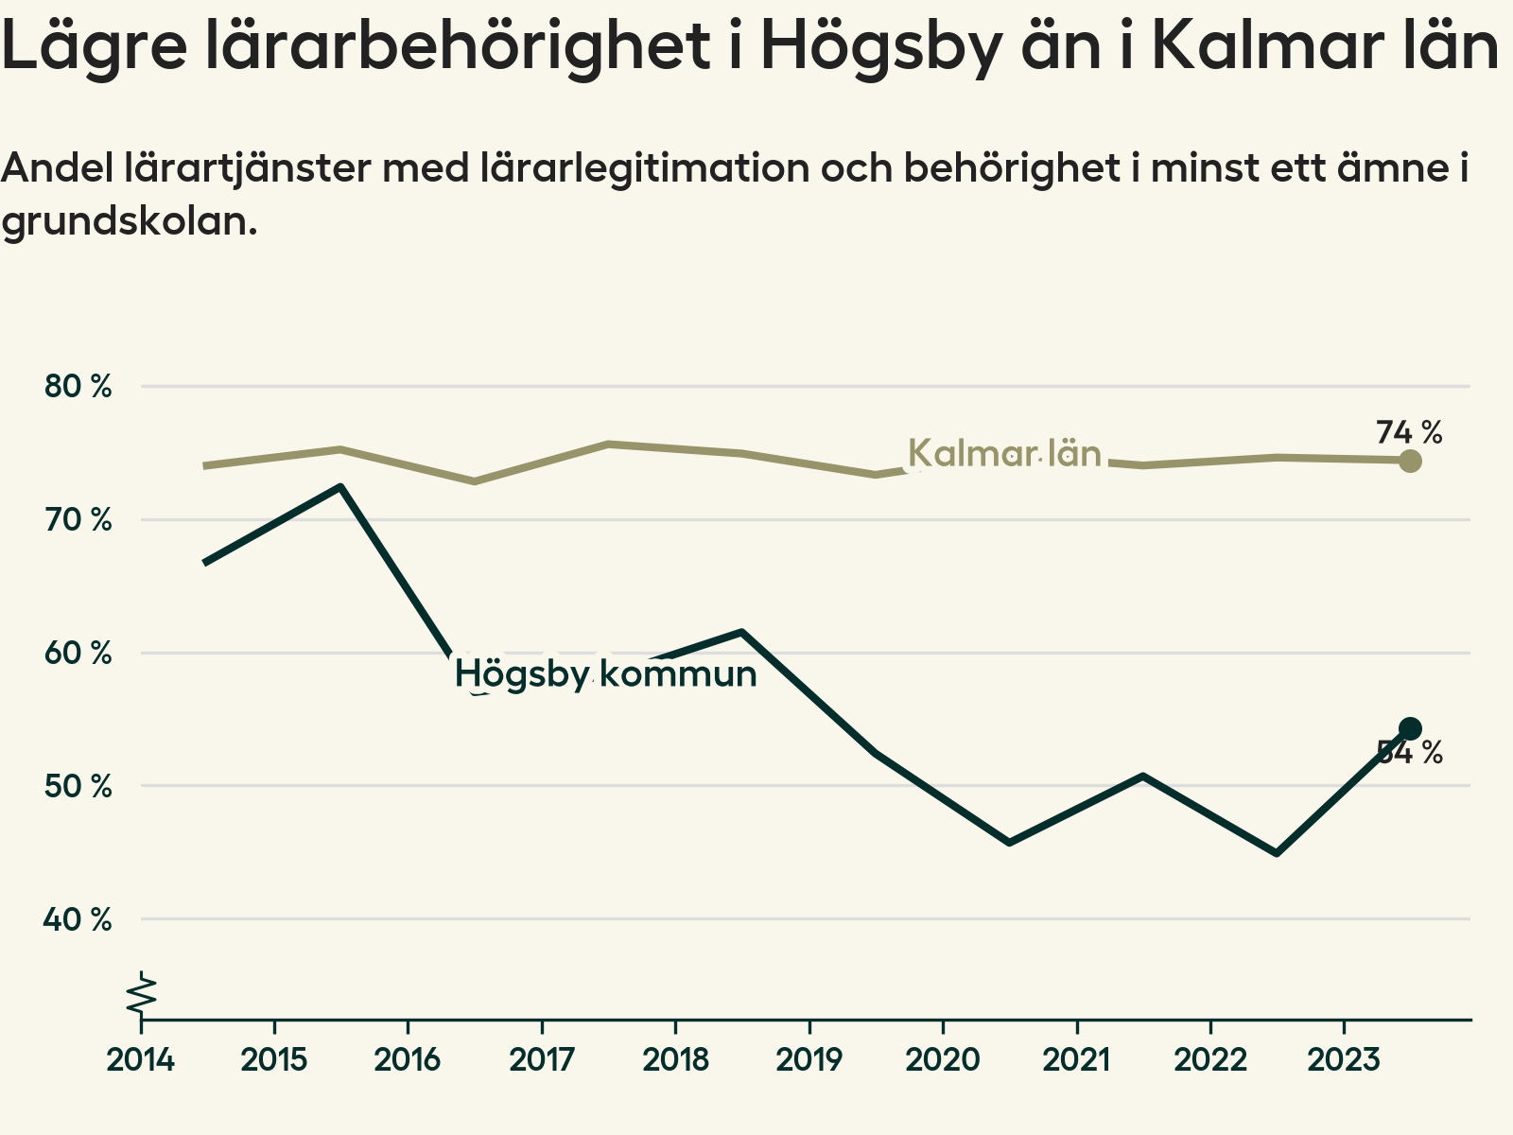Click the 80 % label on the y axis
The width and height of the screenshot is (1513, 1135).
(78, 387)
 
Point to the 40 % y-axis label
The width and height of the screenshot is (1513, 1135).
(78, 919)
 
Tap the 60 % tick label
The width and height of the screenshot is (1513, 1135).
(78, 654)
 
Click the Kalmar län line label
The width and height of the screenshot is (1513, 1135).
(1004, 455)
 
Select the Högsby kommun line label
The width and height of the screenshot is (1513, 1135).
(605, 674)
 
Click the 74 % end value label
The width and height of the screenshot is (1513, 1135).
(1409, 433)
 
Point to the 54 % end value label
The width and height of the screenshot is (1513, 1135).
(1409, 754)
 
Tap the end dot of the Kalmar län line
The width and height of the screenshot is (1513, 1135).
(1410, 461)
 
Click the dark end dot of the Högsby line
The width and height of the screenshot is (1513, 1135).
(1410, 728)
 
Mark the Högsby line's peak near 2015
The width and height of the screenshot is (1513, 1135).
(340, 487)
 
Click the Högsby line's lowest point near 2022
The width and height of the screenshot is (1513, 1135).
(1278, 853)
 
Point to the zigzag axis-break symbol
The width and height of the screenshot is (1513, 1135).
(143, 995)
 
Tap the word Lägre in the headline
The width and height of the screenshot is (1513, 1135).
(96, 47)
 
